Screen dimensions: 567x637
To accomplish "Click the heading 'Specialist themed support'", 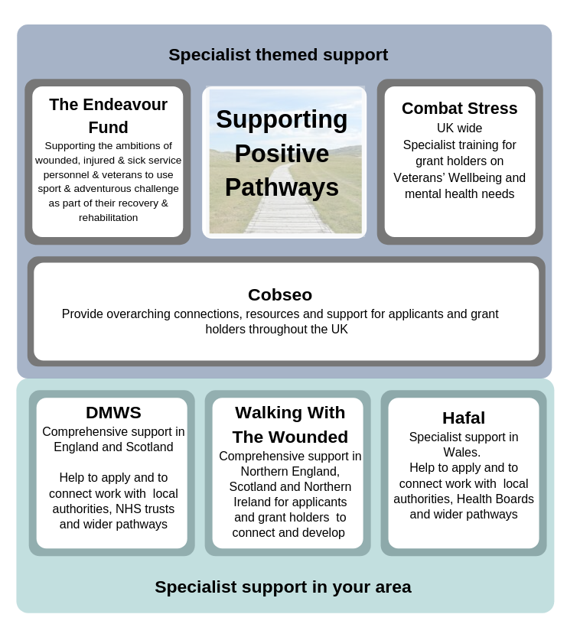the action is (278, 55).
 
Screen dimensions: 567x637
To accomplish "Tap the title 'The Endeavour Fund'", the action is (108, 115).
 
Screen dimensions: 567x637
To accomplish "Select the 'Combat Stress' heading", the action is (459, 109).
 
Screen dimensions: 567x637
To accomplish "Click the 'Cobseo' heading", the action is (280, 295).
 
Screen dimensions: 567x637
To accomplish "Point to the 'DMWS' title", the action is (113, 413).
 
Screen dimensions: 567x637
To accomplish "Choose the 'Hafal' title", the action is (464, 418).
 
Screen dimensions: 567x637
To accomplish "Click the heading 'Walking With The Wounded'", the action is (290, 425).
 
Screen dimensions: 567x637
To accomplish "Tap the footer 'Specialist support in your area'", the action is (283, 587).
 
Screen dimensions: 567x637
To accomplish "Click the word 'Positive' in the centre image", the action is (282, 154).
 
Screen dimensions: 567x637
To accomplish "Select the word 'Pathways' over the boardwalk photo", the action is (282, 187).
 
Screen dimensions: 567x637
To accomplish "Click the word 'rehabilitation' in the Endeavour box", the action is (108, 218).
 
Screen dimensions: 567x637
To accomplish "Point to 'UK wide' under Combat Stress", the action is (459, 128).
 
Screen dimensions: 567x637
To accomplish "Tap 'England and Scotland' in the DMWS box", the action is (113, 447).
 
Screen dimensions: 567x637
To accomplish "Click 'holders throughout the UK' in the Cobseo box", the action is (276, 329).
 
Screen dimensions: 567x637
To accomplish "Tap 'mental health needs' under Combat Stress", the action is (459, 193).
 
